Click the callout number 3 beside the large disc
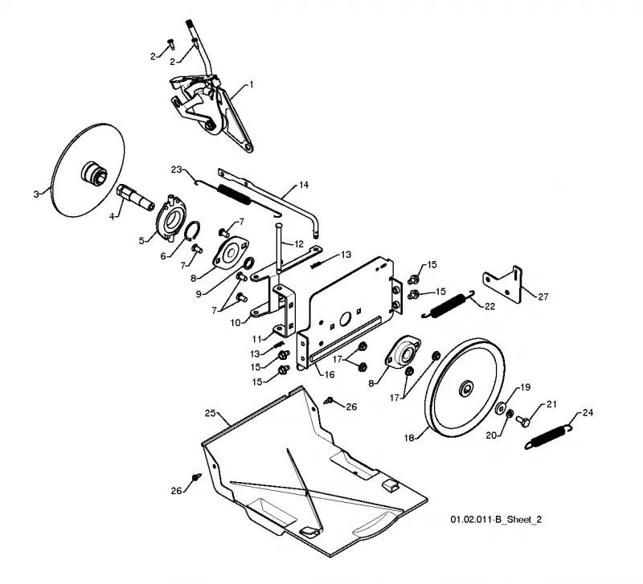tap(36, 194)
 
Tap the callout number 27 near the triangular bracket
tap(543, 296)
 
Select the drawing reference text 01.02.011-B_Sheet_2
tap(496, 520)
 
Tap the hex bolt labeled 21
tap(523, 420)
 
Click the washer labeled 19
tap(500, 409)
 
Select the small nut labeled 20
tap(510, 415)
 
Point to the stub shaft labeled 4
tap(135, 195)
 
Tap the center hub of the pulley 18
tap(466, 388)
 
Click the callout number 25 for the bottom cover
tap(210, 413)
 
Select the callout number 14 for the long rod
tap(304, 186)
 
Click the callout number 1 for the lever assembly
tap(252, 85)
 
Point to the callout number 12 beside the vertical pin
tap(299, 244)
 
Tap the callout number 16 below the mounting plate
tap(330, 374)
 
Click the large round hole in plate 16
tap(345, 318)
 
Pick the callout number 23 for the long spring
tap(176, 169)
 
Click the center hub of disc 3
tap(93, 173)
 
